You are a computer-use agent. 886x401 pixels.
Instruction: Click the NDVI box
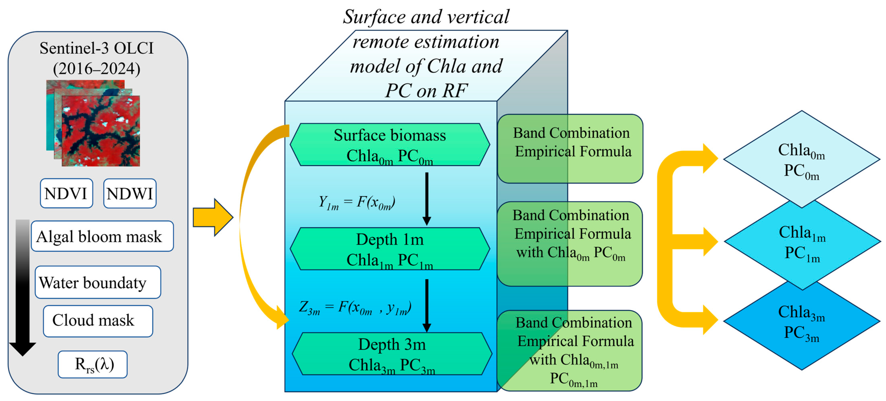point(66,193)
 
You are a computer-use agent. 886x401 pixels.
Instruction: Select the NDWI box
point(130,193)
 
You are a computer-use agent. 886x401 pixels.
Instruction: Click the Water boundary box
point(98,282)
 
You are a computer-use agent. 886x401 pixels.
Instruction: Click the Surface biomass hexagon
point(390,145)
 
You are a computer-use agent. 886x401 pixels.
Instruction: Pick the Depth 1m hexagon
point(390,249)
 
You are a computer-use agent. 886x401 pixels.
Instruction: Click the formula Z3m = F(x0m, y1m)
point(355,307)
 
